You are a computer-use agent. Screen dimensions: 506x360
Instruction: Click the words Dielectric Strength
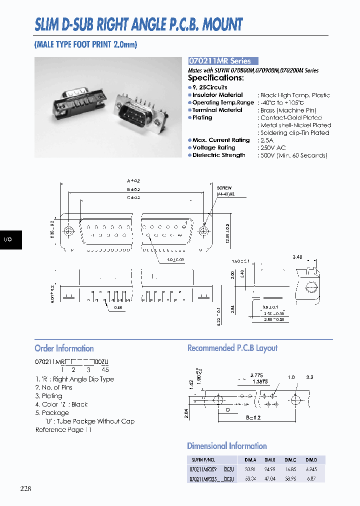click(218, 155)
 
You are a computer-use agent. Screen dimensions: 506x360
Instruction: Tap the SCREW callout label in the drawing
click(224, 188)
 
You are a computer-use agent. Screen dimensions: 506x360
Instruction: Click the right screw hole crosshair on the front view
click(203, 231)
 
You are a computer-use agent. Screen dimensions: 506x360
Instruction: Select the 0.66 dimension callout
click(118, 307)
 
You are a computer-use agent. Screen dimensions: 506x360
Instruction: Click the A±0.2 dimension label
click(134, 181)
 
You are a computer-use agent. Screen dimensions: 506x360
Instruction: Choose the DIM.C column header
click(290, 460)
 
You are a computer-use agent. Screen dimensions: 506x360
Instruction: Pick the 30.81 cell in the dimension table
click(249, 469)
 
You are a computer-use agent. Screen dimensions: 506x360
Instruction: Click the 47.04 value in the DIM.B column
click(270, 479)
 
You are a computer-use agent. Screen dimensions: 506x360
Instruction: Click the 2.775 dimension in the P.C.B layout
click(256, 374)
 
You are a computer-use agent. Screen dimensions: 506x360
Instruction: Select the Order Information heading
click(64, 348)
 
